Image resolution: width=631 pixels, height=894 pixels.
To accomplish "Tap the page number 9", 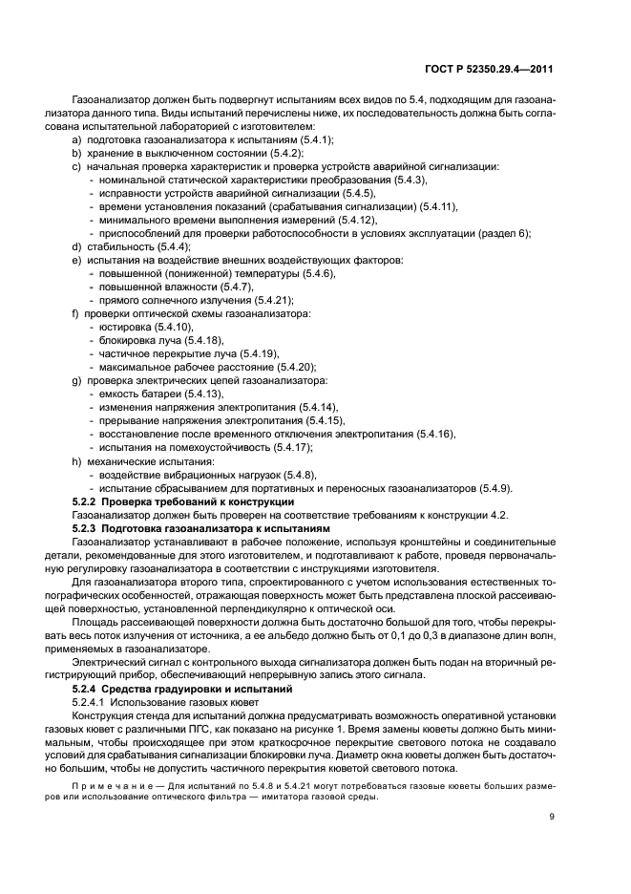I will click(553, 817).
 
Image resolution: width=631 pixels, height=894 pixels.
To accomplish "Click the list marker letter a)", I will click(75, 139).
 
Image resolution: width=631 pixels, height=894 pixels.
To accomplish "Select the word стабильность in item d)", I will click(119, 246).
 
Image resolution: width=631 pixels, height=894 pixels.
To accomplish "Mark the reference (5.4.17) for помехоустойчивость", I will click(291, 447).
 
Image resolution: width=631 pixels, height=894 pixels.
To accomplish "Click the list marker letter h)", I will click(75, 460).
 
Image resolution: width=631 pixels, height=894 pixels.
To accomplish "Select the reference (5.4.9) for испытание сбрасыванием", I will click(490, 487).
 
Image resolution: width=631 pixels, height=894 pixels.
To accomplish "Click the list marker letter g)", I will click(75, 380).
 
